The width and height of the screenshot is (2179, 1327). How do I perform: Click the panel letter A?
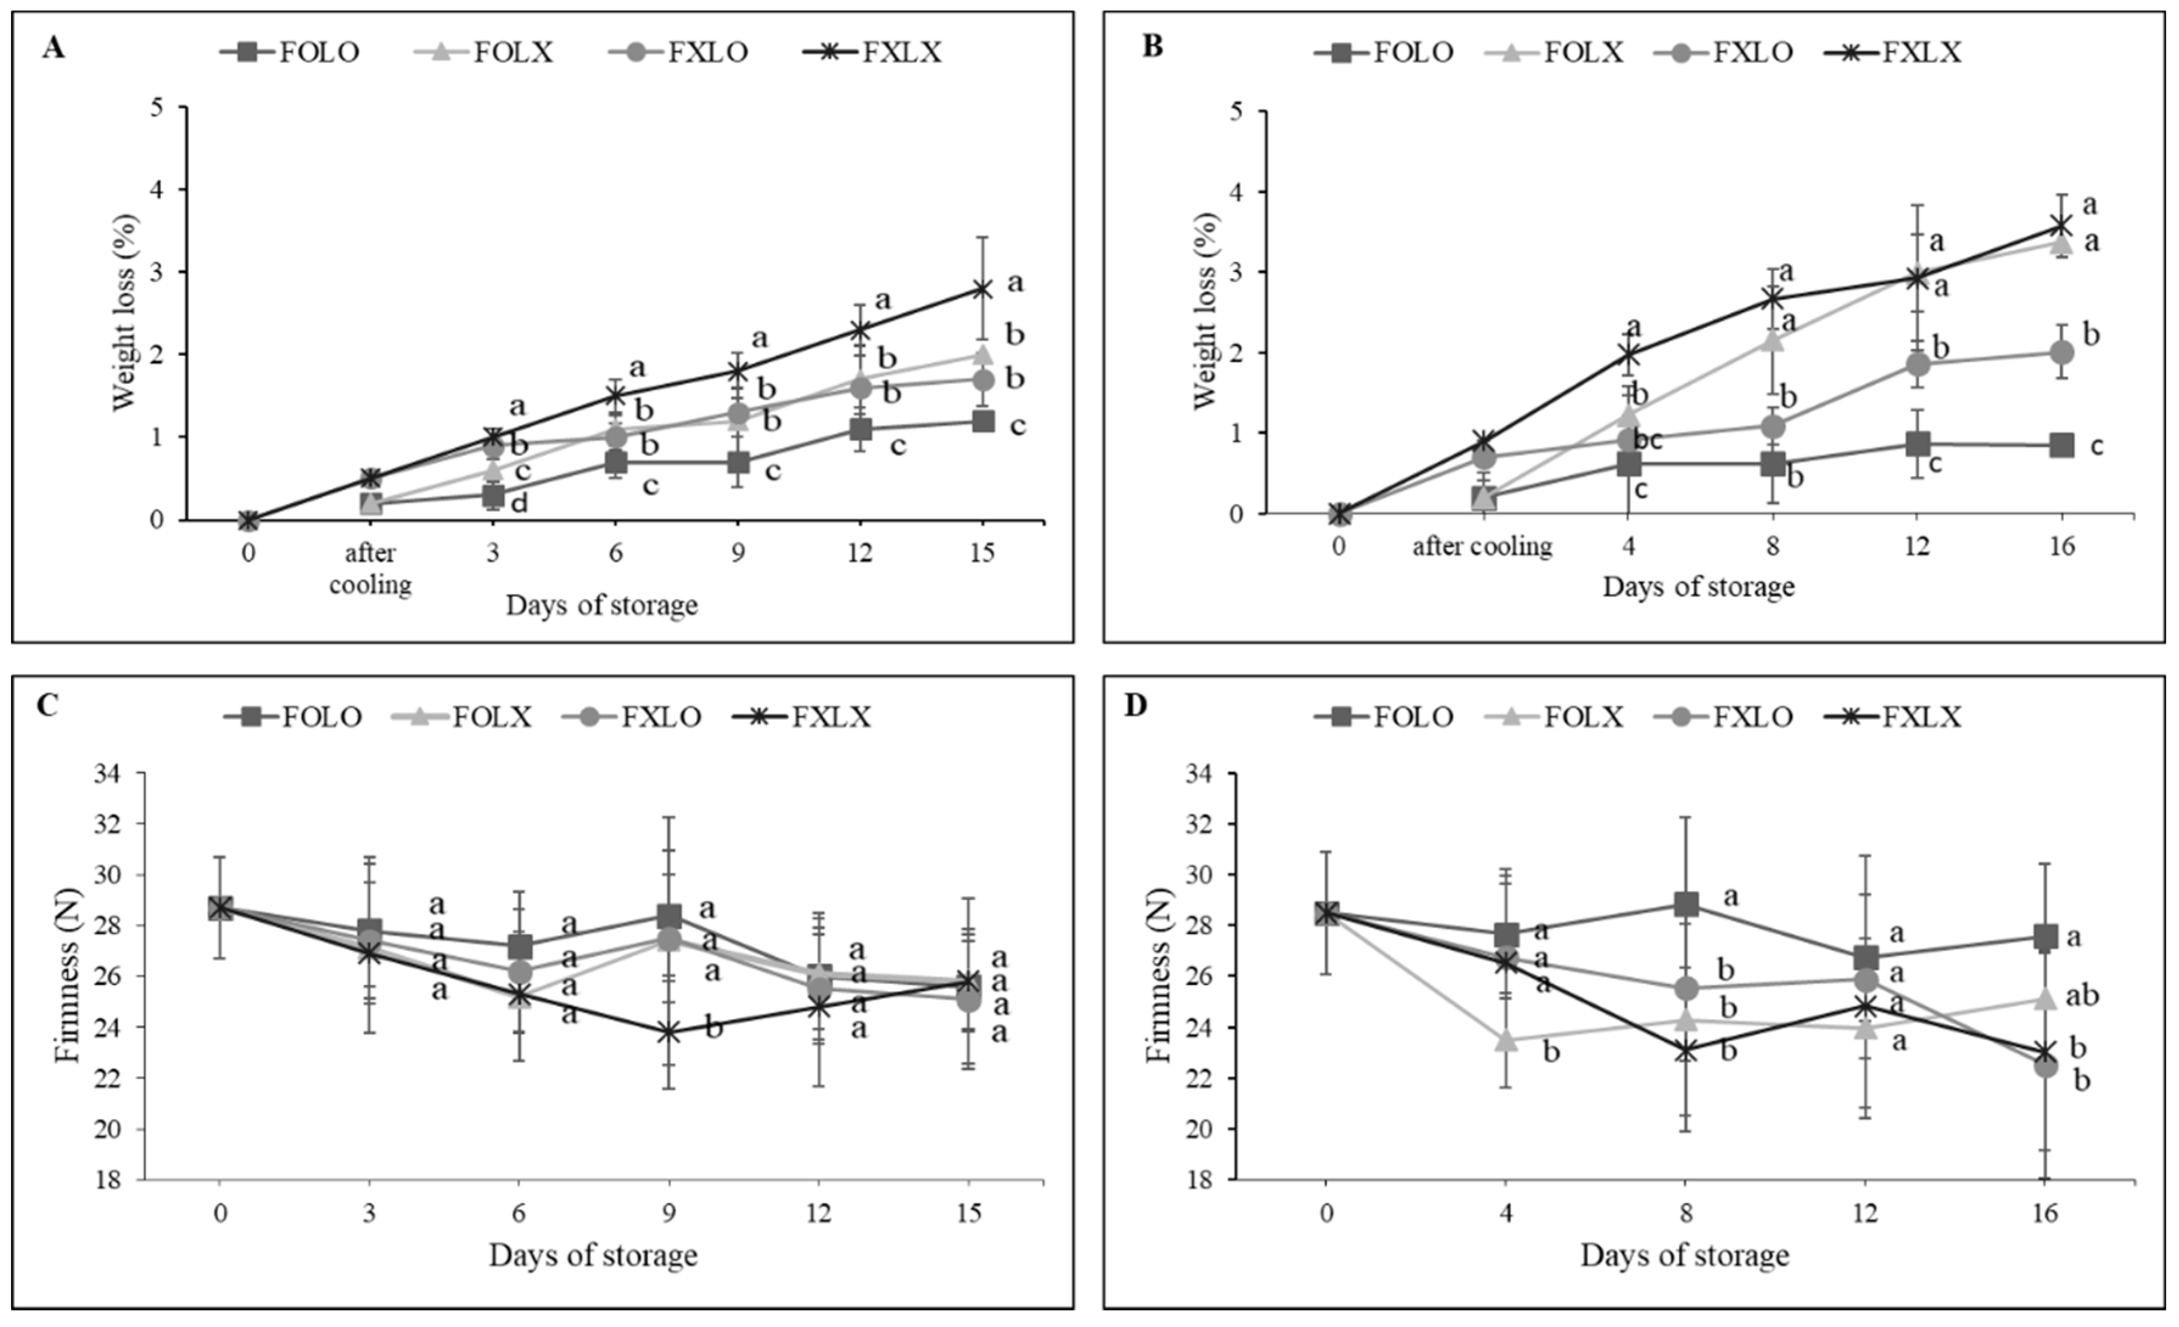pos(53,47)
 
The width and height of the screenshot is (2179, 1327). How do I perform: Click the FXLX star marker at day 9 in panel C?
pos(670,1032)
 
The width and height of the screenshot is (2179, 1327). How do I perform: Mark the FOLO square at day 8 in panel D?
pos(1687,904)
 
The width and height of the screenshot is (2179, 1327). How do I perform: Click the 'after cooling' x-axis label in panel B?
pos(1482,546)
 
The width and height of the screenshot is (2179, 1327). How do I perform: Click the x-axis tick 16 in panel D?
pos(2044,1213)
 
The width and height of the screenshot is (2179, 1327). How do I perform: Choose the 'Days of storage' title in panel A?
pos(601,605)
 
